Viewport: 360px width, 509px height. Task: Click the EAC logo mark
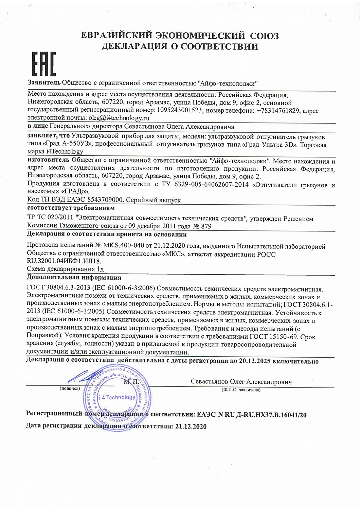tap(43, 64)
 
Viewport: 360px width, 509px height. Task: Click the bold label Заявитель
tap(44, 83)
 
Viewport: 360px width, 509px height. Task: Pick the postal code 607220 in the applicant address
tap(111, 102)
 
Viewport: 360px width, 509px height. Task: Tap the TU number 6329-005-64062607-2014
tap(208, 185)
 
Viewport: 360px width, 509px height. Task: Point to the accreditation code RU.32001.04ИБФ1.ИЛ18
tap(64, 261)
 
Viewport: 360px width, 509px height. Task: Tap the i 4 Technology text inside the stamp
tap(116, 397)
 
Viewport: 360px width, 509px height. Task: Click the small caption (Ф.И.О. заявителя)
tap(241, 390)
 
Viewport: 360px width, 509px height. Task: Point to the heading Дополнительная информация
tap(74, 278)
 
